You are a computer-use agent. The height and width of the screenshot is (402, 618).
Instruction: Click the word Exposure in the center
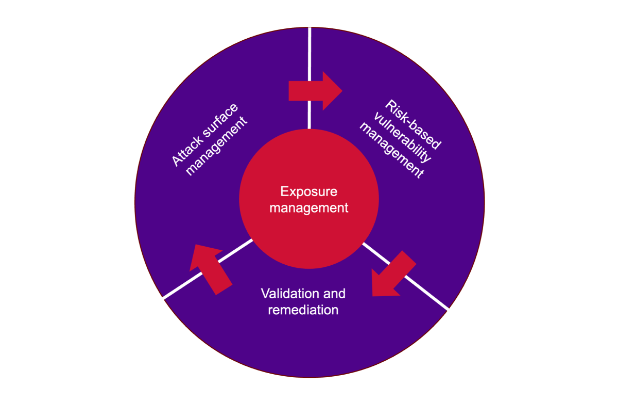309,192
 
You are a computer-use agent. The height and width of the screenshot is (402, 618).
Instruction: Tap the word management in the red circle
309,208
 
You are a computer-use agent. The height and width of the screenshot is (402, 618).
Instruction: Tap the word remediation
303,310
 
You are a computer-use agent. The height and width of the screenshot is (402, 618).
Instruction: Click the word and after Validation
335,294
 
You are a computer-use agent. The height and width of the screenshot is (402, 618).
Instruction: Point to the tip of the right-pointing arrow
341,91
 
